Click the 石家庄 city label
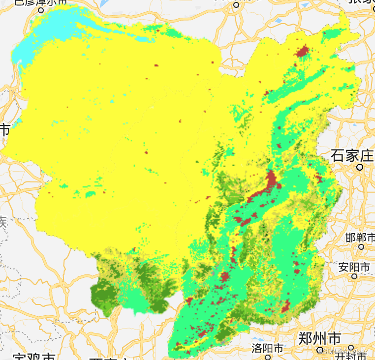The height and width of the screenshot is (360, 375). click(352, 156)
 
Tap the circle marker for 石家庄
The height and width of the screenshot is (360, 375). click(360, 167)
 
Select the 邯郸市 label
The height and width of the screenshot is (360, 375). click(360, 238)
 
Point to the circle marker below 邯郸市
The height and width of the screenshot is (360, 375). click(361, 246)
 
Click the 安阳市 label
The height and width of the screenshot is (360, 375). click(354, 267)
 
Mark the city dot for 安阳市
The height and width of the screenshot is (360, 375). click(354, 276)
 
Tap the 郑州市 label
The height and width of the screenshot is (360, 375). click(319, 339)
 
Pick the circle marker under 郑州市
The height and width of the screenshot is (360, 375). click(320, 350)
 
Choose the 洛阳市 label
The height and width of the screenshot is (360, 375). click(268, 348)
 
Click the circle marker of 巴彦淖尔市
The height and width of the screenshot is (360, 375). click(41, 9)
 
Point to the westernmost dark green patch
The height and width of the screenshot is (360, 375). click(104, 294)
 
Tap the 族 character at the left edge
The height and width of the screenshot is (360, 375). click(3, 222)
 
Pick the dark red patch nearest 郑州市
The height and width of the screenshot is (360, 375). click(285, 307)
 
